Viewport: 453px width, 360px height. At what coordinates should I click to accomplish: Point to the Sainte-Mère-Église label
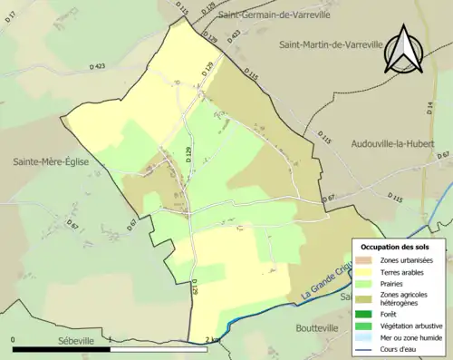[x=51, y=162]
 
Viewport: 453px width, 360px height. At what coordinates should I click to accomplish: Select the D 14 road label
[x=429, y=111]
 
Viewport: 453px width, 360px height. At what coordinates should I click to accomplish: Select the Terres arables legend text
[x=402, y=273]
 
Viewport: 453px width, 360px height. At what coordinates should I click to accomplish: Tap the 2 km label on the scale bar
[x=211, y=340]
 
